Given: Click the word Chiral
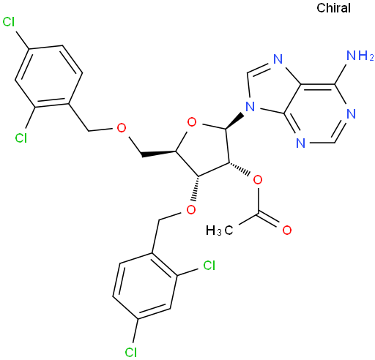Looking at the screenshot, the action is point(333,8).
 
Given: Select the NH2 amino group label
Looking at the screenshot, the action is point(360,56).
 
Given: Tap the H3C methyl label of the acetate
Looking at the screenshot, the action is point(220,230).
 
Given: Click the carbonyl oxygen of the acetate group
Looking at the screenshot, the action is point(287,230).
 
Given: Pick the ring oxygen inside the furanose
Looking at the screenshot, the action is point(192,122).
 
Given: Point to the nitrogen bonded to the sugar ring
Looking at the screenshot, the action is point(250,107).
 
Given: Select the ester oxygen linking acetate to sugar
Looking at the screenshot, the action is point(258,180).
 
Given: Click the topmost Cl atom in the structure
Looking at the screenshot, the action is point(9,22).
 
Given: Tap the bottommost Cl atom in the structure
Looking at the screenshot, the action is point(131,352).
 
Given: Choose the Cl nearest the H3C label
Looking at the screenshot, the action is point(209,265).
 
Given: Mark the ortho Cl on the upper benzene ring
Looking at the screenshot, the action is point(21,138).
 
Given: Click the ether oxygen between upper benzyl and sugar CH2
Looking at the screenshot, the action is point(122,127).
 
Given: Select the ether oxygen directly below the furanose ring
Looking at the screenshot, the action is point(191,209).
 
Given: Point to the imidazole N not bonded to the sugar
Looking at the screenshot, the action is point(278,59).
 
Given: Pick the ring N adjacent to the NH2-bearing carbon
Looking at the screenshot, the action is point(351,114).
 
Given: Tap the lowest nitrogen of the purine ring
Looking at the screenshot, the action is point(301,143).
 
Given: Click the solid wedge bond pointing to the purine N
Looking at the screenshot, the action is point(234,121).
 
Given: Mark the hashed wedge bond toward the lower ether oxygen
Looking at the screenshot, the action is point(196,188).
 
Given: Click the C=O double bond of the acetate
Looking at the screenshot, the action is point(268,220).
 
